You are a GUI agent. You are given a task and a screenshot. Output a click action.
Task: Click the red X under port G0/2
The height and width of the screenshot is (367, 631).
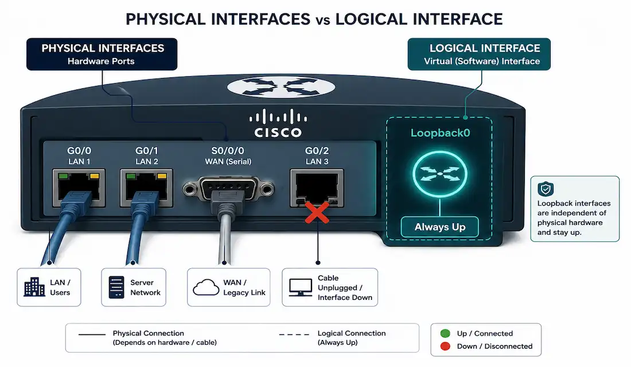pos(317,213)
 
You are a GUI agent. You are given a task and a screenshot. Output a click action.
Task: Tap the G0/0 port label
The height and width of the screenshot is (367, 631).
pos(79,150)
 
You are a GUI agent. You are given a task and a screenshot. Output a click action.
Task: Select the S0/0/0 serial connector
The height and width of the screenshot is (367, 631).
pos(228,188)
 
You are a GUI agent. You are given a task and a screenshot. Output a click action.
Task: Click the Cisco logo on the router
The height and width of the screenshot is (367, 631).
pos(278,123)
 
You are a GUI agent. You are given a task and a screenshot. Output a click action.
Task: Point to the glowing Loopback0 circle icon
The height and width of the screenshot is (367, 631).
pos(440,174)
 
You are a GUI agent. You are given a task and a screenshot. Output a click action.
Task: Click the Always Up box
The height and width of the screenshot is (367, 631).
pos(440,227)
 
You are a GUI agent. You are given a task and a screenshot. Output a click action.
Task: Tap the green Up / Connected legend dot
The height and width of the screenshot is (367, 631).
pos(445,333)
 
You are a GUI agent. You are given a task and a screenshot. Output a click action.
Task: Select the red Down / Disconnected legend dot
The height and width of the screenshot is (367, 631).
pos(445,346)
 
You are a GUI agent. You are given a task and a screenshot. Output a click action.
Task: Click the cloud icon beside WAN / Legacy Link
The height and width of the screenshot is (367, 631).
pos(206,287)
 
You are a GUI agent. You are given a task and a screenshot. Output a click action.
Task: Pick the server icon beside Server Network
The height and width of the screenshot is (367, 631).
pos(116,287)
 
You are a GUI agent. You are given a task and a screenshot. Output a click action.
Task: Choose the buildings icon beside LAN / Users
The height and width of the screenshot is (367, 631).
pos(34,287)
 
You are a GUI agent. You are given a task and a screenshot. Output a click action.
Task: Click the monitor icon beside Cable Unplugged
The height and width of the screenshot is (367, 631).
pos(301,287)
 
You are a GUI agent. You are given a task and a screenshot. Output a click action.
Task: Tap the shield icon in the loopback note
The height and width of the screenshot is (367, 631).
pos(546,189)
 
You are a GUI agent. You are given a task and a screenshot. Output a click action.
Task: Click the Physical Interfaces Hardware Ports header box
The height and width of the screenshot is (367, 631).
pos(102,54)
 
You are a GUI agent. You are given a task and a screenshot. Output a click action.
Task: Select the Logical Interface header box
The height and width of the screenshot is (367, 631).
pos(479,54)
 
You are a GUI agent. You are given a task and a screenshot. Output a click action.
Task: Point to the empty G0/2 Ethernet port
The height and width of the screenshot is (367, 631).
pos(317,188)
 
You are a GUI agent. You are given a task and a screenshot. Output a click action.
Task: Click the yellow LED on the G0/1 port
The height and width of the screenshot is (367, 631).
pos(162,176)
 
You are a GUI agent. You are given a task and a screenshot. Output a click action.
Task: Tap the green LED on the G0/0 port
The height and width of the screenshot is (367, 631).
pos(63,176)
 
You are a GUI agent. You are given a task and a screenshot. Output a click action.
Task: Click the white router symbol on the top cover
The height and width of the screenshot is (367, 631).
pos(281,87)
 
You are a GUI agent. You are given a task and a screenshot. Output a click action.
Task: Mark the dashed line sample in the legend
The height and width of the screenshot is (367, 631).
pos(294,334)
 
